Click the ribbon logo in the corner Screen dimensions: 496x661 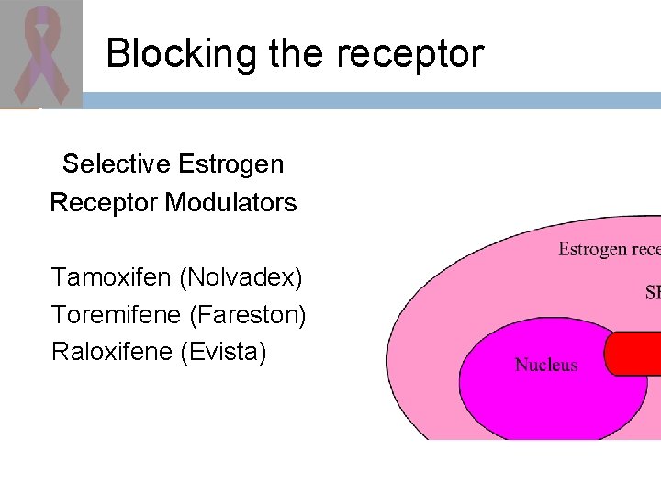pyautogui.click(x=40, y=53)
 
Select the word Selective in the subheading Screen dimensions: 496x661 pyautogui.click(x=117, y=164)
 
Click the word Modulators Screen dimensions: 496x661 pyautogui.click(x=230, y=203)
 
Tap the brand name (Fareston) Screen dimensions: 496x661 pyautogui.click(x=248, y=314)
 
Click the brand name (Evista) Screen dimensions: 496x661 pyautogui.click(x=225, y=352)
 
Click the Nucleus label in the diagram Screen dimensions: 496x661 pyautogui.click(x=546, y=365)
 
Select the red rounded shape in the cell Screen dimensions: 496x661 pyautogui.click(x=633, y=354)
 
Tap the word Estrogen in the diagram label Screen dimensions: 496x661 pyautogui.click(x=593, y=249)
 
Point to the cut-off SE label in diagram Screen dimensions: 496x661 pyautogui.click(x=653, y=292)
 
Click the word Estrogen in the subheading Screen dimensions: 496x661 pyautogui.click(x=230, y=164)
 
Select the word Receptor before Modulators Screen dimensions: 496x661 pyautogui.click(x=104, y=203)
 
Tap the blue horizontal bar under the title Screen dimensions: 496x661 pyautogui.click(x=367, y=100)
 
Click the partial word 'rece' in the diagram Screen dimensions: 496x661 pyautogui.click(x=645, y=249)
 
